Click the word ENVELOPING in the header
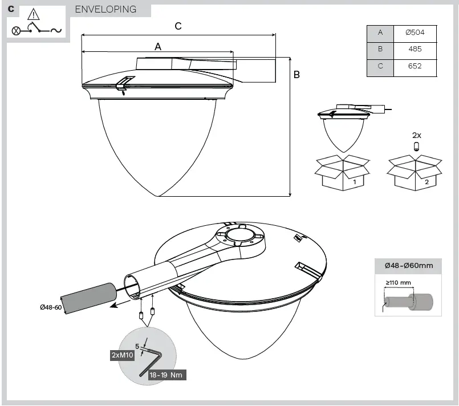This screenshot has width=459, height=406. (x=105, y=9)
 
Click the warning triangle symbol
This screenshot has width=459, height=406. (x=35, y=14)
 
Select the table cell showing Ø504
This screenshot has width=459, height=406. (x=415, y=33)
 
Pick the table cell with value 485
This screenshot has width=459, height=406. (x=415, y=49)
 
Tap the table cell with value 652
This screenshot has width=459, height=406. (x=415, y=66)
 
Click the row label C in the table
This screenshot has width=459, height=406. (x=380, y=66)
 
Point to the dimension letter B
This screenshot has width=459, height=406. (x=296, y=74)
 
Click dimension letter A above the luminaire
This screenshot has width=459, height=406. (x=158, y=47)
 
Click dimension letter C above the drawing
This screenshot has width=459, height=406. (x=178, y=26)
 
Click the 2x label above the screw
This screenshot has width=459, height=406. (x=416, y=135)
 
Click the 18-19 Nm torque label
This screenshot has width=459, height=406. (x=167, y=375)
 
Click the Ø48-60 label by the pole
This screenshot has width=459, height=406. (x=51, y=307)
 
